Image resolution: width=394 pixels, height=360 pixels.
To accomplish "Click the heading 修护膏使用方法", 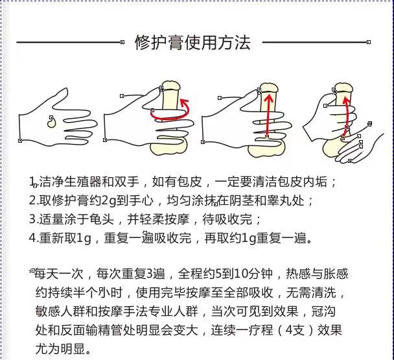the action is (x=192, y=43).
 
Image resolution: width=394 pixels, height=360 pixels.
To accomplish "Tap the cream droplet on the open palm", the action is (x=51, y=122).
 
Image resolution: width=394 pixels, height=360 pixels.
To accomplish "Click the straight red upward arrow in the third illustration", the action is (x=268, y=115).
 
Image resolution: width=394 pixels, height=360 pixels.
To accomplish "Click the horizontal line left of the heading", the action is (x=69, y=42).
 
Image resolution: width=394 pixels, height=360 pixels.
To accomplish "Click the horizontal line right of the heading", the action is (x=316, y=42).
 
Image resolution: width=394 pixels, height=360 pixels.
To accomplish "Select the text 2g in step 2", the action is (x=109, y=200).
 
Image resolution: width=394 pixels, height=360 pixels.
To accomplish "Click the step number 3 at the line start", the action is (x=32, y=219).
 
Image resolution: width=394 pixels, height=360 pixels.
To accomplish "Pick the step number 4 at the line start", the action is (x=32, y=238).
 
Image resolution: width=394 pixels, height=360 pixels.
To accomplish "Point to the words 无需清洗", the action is (x=311, y=293).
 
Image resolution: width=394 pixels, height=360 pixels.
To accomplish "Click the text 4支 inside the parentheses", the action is (x=295, y=330).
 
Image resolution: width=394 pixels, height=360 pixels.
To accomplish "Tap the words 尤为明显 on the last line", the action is (x=60, y=349).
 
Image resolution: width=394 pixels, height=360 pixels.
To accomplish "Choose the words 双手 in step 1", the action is (x=127, y=182).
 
